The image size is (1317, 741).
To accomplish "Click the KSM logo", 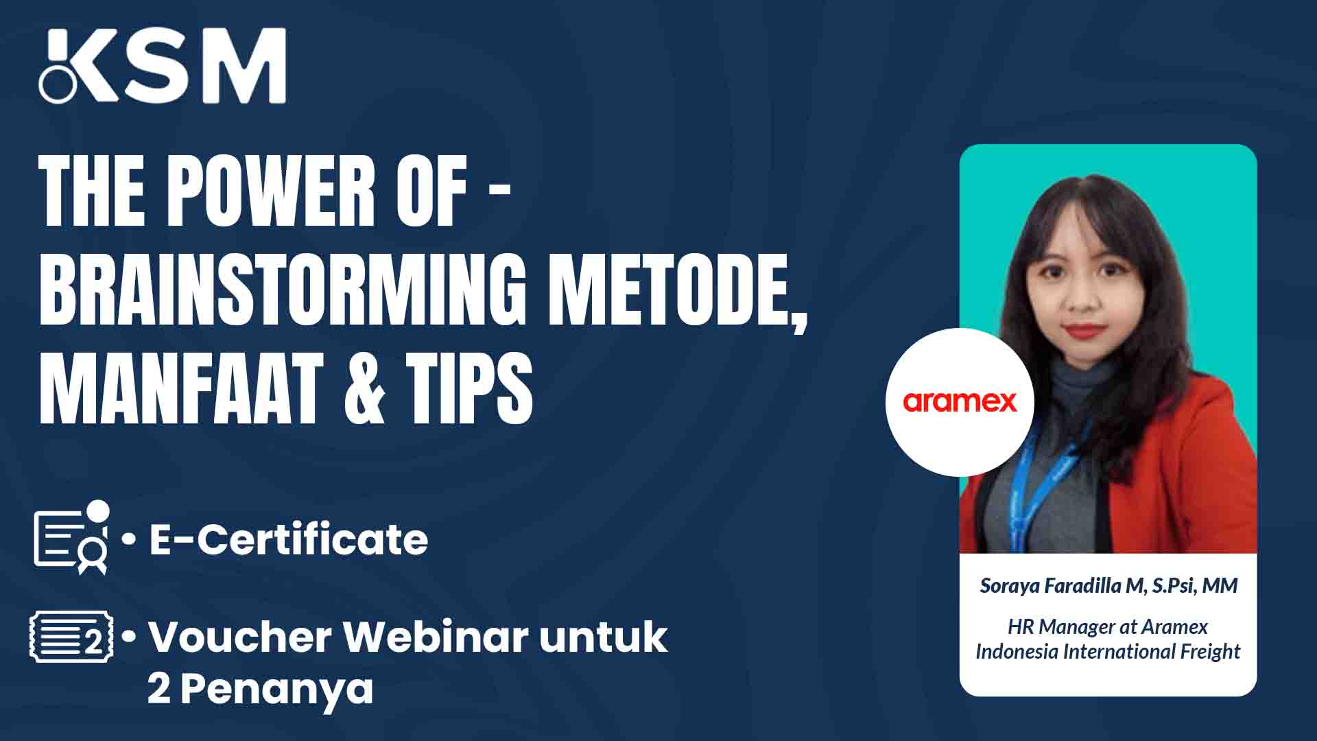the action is [163, 66].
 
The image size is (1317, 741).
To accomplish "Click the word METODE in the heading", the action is [676, 292].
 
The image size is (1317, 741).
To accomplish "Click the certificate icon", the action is [72, 537].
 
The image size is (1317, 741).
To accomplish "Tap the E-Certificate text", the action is [289, 539].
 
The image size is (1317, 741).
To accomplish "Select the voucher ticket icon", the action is [71, 638].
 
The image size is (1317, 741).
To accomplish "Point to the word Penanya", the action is [276, 689].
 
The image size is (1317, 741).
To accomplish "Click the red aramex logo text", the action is [960, 401].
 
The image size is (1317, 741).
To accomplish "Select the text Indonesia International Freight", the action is [1108, 651].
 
